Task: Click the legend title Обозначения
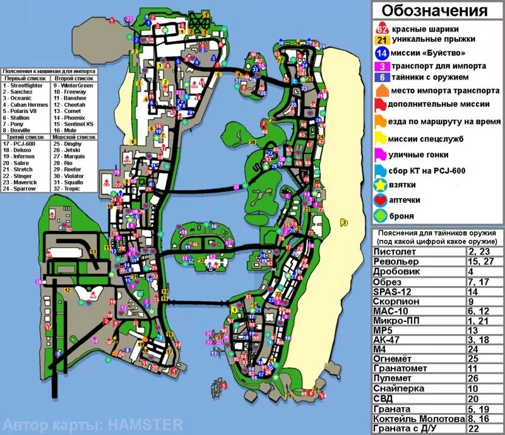(x=435, y=11)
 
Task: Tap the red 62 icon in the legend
(x=381, y=28)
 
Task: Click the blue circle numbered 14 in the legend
(x=381, y=52)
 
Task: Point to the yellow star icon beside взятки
(x=382, y=186)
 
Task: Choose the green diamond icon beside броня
(x=382, y=215)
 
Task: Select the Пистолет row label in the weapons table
(x=396, y=252)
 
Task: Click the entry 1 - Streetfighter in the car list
(x=25, y=85)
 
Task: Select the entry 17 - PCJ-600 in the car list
(x=21, y=143)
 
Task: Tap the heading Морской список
(x=74, y=136)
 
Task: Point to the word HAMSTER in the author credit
(x=150, y=424)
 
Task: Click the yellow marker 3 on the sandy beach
(x=345, y=222)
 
